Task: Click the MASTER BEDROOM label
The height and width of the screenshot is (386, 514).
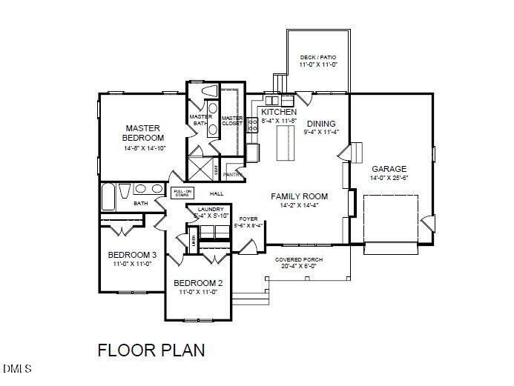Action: (144, 133)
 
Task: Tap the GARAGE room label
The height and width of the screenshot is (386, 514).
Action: (389, 168)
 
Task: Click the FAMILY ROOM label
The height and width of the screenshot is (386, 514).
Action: (299, 196)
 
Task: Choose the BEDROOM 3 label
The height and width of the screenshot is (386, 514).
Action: (131, 254)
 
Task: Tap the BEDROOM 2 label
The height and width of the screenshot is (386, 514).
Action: (198, 283)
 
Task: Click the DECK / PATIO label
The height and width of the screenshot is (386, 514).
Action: (317, 57)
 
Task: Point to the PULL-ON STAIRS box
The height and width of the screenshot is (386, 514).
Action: (182, 193)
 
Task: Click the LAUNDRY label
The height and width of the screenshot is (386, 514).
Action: (205, 210)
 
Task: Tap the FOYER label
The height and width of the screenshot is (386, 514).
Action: (247, 219)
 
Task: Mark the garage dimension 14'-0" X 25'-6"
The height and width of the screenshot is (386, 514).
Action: (389, 178)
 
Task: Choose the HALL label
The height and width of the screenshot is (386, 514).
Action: (217, 194)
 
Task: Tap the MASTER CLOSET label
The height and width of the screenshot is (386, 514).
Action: (231, 121)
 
